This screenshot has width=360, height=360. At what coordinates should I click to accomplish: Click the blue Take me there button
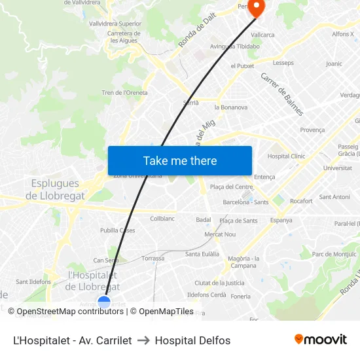click(180, 160)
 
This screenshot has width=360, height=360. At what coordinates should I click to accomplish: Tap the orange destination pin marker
click(256, 9)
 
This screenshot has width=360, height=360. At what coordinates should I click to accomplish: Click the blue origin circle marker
click(104, 302)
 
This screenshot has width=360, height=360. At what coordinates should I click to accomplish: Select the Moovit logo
click(321, 340)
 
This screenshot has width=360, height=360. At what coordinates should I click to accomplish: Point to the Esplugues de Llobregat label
click(55, 190)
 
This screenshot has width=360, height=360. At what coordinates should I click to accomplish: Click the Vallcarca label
click(262, 35)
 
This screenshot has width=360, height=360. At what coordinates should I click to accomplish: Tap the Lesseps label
click(283, 63)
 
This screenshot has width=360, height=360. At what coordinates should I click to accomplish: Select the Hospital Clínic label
click(286, 156)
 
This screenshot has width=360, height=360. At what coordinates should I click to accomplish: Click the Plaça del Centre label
click(232, 187)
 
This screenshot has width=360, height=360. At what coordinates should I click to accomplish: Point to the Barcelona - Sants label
click(245, 202)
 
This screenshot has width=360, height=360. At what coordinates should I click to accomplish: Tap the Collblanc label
click(162, 219)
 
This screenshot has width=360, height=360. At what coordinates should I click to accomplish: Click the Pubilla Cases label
click(118, 230)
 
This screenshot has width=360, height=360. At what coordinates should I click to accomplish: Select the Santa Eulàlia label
click(202, 254)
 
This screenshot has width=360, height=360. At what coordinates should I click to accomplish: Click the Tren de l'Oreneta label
click(124, 93)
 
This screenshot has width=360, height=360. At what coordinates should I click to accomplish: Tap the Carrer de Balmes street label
click(282, 94)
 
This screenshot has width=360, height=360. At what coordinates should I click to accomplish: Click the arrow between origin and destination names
click(143, 340)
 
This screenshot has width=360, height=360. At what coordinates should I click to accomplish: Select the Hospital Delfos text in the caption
click(192, 340)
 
